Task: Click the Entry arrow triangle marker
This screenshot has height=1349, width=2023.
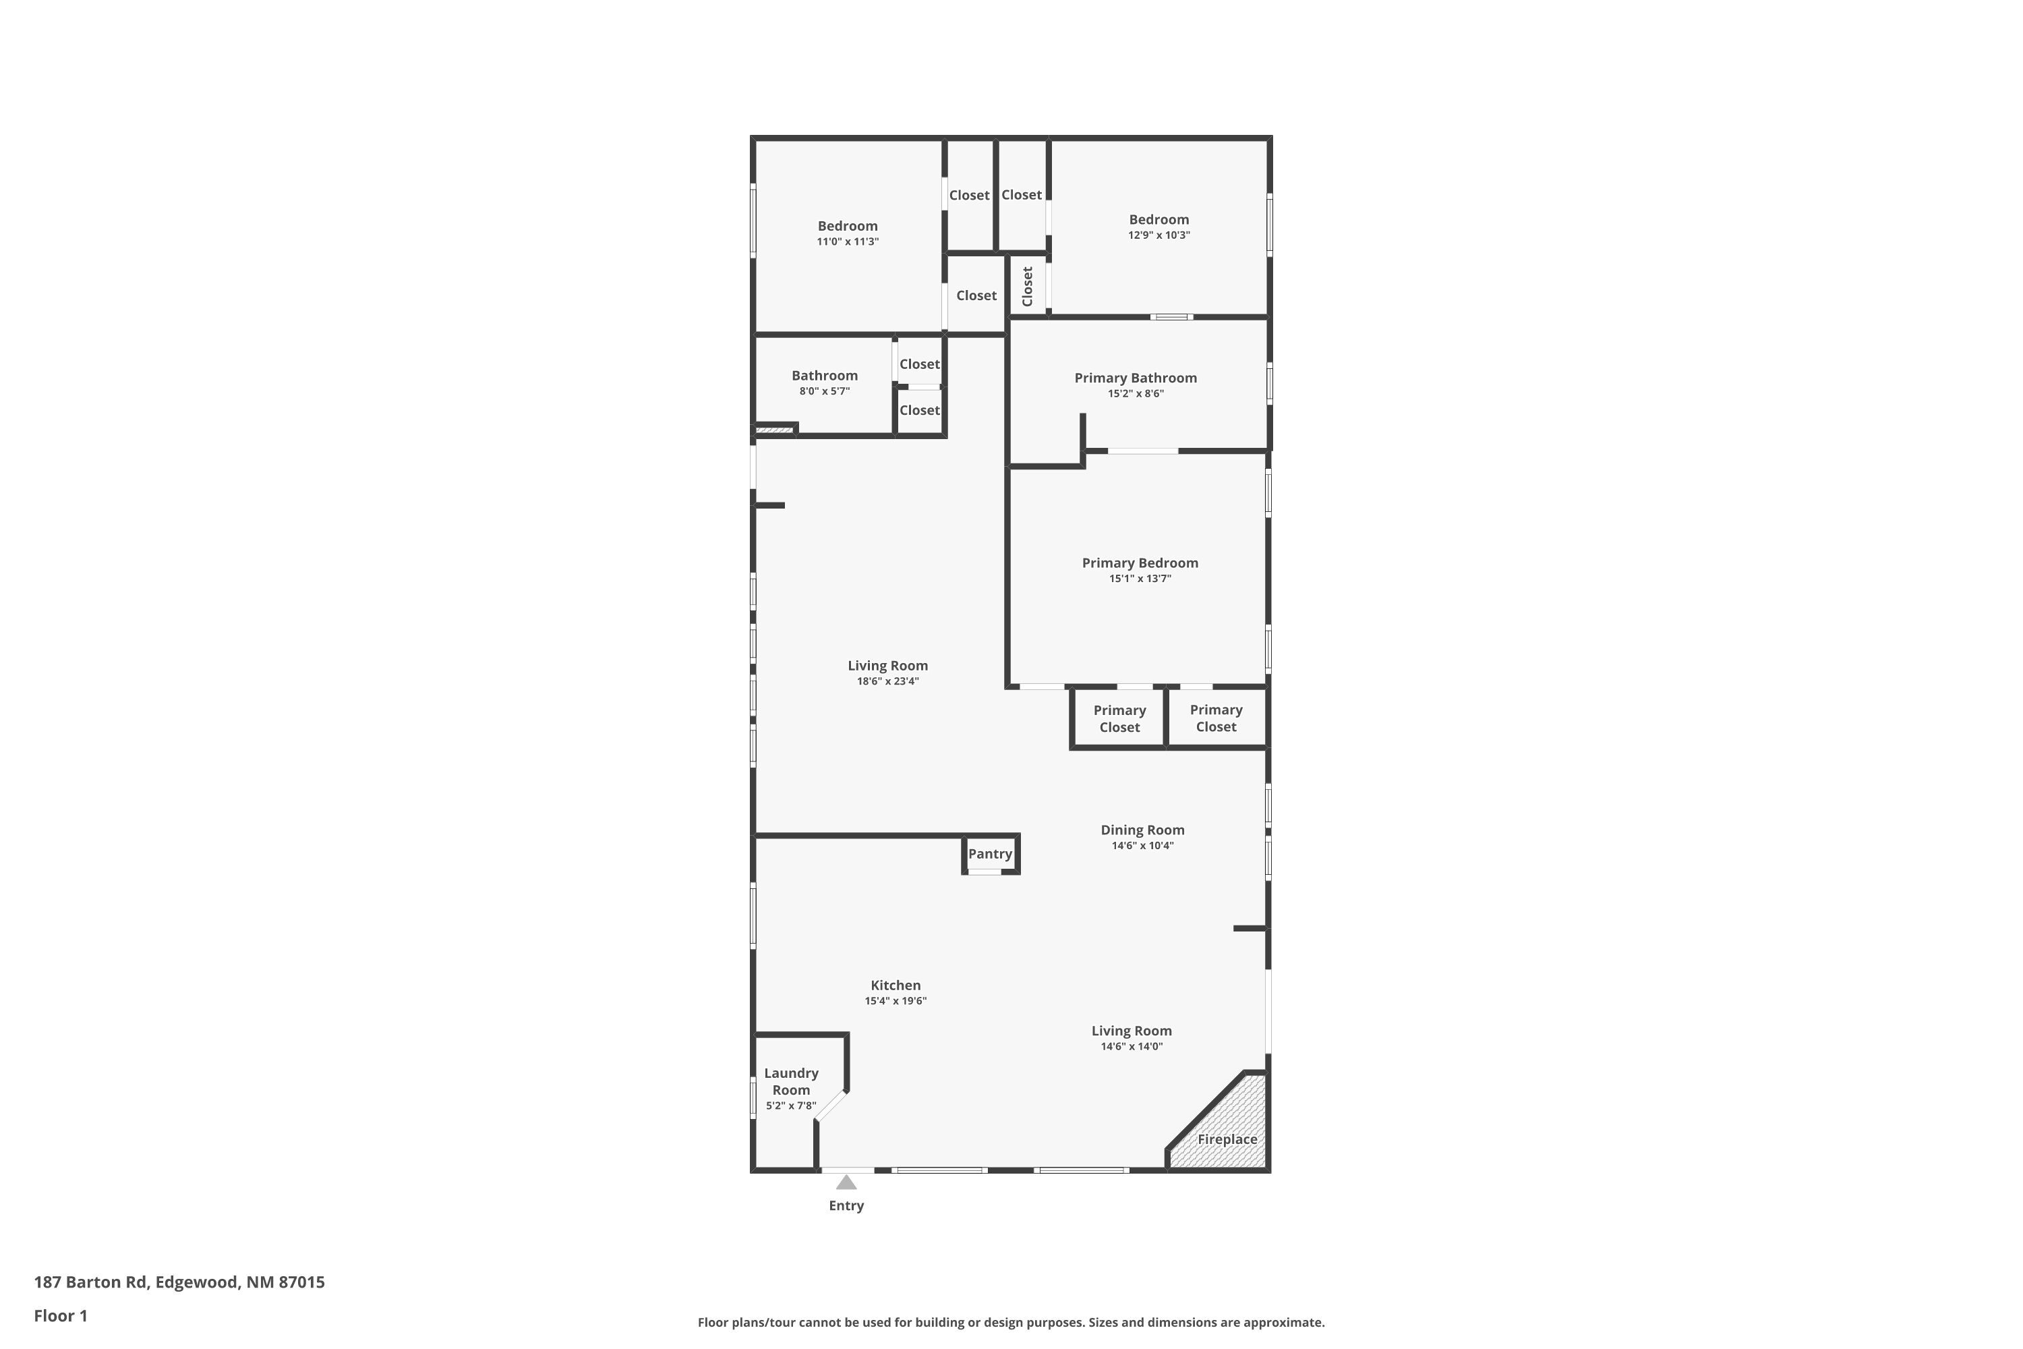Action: click(846, 1182)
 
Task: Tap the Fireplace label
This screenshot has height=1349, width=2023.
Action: click(1227, 1139)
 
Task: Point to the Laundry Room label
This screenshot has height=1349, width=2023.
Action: click(790, 1081)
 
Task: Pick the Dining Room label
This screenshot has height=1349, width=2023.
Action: click(1142, 830)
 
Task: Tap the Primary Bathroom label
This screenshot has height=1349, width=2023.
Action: click(1136, 378)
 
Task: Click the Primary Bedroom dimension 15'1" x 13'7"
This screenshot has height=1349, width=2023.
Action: click(1140, 578)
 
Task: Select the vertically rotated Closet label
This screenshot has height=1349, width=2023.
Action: click(1027, 287)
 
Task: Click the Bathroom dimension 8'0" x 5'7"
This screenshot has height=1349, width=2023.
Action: click(824, 391)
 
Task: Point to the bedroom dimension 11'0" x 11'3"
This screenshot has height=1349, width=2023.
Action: click(847, 241)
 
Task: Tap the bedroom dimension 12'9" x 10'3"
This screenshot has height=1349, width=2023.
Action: click(1159, 235)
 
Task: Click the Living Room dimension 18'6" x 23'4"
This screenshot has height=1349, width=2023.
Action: click(887, 681)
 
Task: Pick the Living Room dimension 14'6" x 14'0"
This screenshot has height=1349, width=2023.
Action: click(1131, 1046)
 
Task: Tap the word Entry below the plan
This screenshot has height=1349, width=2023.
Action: click(846, 1205)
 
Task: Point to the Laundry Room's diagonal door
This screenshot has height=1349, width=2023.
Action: click(831, 1106)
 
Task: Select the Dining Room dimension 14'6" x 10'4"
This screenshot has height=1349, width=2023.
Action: click(1142, 845)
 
